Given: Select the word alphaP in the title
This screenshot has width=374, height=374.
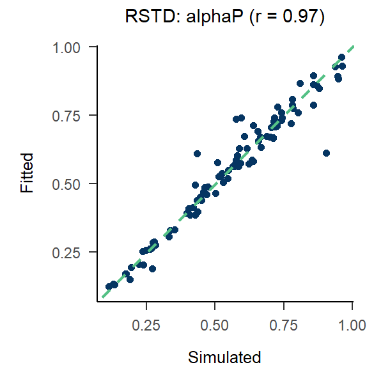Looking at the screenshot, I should tap(205, 19).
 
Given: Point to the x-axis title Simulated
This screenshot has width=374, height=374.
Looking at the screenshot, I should tap(224, 357).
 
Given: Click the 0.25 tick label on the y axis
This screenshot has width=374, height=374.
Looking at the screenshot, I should tap(68, 253).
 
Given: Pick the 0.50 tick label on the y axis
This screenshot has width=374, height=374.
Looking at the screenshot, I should tap(68, 184).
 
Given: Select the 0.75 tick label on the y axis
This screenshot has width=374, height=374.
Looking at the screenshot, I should tap(68, 116).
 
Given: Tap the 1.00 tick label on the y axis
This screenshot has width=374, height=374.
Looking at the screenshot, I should tap(68, 47).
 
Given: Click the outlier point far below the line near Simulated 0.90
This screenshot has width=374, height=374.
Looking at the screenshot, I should tap(326, 153).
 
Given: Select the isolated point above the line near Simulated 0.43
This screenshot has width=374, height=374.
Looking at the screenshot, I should tap(197, 154).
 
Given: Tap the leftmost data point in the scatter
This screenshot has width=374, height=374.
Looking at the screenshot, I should tap(109, 287).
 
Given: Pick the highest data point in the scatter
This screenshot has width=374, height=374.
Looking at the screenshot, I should tap(341, 58).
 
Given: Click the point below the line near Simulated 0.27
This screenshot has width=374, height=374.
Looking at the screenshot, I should tap(152, 269).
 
